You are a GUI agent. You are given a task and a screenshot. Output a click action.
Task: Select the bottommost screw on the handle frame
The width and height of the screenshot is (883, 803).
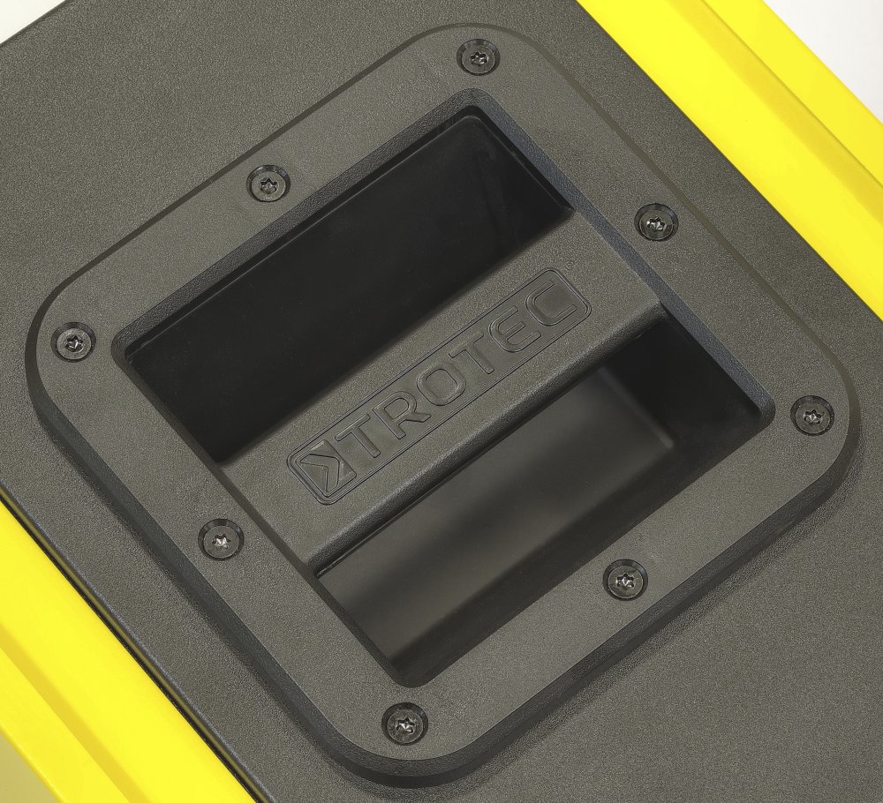[404, 721]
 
